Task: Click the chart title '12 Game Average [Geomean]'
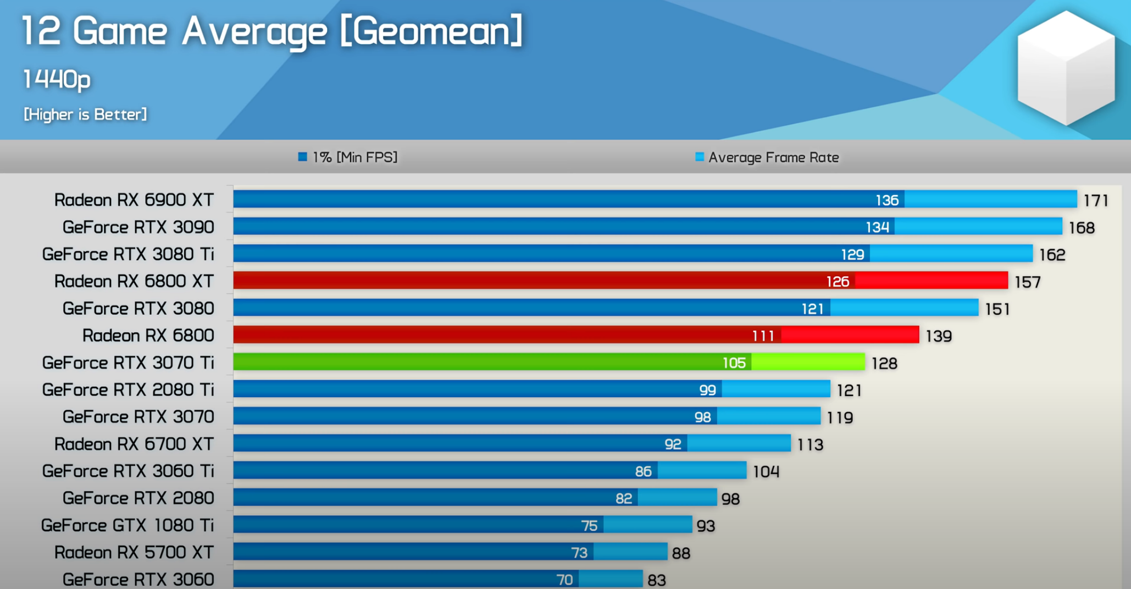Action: [271, 31]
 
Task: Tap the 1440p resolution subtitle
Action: [57, 80]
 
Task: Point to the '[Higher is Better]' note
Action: [85, 114]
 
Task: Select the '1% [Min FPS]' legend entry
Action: [348, 158]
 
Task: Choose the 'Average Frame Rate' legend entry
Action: [767, 158]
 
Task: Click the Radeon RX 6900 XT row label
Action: [134, 200]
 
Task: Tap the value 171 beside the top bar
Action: [1095, 201]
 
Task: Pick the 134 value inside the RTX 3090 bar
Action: [877, 227]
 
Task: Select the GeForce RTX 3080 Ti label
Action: [128, 254]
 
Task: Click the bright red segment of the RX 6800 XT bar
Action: [931, 281]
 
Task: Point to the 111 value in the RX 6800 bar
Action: [763, 335]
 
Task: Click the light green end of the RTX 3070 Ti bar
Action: [808, 362]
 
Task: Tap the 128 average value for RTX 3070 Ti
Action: [884, 364]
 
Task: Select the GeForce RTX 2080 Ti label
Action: [128, 390]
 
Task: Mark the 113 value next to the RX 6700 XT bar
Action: [810, 445]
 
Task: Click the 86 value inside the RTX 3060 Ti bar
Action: [643, 471]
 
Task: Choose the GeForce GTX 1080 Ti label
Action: [127, 525]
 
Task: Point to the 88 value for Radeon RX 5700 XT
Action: [681, 553]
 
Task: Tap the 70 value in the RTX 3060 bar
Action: [564, 580]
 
